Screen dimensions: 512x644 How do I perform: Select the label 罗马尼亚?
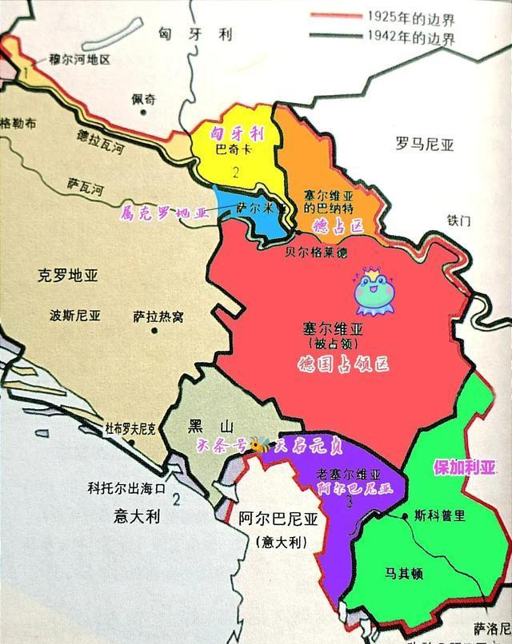[x=424, y=145]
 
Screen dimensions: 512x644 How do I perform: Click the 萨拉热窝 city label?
[x=158, y=316]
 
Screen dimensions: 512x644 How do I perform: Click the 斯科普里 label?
[x=439, y=515]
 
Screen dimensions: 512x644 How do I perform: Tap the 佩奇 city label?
[x=145, y=100]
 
